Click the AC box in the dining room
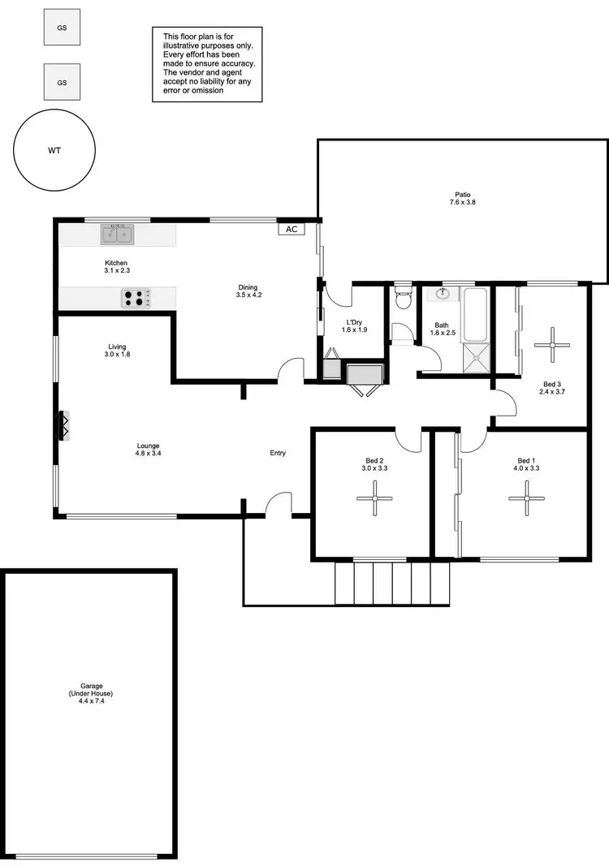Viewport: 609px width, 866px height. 292,229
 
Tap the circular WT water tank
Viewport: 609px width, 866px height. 54,150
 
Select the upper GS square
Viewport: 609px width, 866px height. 62,27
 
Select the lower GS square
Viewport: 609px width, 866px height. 62,82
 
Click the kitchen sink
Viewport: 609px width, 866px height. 118,235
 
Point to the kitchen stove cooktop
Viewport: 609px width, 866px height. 136,298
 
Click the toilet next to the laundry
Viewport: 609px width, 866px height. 402,300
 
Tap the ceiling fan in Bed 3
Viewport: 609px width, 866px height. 551,344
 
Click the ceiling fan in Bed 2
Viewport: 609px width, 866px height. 374,498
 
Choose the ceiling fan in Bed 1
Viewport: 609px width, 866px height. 526,498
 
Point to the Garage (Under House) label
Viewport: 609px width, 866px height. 90,695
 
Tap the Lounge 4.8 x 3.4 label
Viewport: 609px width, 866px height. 148,450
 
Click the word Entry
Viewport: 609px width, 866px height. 278,453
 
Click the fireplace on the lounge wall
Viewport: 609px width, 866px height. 63,424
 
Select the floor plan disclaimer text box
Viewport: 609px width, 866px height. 207,63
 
